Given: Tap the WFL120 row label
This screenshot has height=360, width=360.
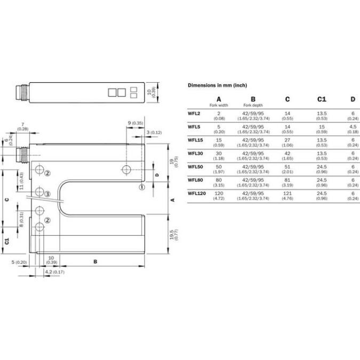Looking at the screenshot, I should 197,194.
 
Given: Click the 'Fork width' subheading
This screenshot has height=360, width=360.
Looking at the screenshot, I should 219,106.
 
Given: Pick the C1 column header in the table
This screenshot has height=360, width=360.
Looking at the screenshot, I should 322,99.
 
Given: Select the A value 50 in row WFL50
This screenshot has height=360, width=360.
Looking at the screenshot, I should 219,167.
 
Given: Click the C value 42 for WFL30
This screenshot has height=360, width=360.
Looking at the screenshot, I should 287,154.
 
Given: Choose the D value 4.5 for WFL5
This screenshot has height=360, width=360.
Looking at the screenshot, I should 353,127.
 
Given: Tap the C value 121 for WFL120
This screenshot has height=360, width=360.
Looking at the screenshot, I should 287,194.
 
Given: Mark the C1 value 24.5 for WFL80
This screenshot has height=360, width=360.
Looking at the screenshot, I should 322,180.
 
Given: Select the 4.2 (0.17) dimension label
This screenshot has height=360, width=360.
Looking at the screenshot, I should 54,273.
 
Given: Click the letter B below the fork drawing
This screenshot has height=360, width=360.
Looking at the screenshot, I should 95,262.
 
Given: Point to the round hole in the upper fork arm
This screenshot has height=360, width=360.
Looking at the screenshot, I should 125,170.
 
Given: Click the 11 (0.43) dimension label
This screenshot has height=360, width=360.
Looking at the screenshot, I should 21,180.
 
